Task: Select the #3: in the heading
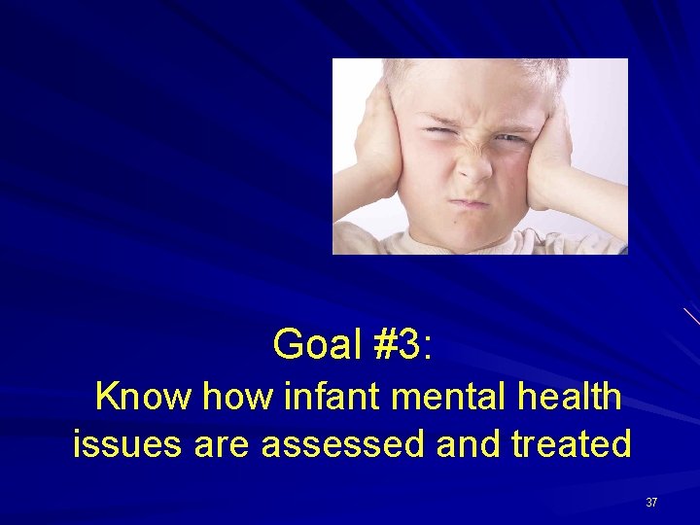400,344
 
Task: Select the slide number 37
651,503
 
